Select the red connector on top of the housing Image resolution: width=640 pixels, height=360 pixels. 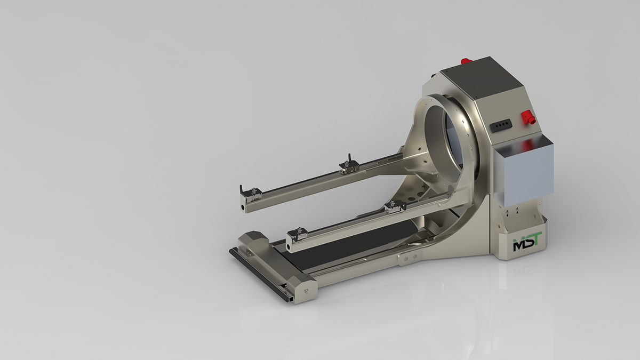466,61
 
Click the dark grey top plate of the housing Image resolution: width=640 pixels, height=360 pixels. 481,79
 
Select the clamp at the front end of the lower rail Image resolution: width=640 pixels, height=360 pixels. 298,234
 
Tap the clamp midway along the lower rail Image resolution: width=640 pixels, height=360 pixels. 395,207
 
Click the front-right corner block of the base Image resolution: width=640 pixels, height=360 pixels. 303,289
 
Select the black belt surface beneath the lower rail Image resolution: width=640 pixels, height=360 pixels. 341,251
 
